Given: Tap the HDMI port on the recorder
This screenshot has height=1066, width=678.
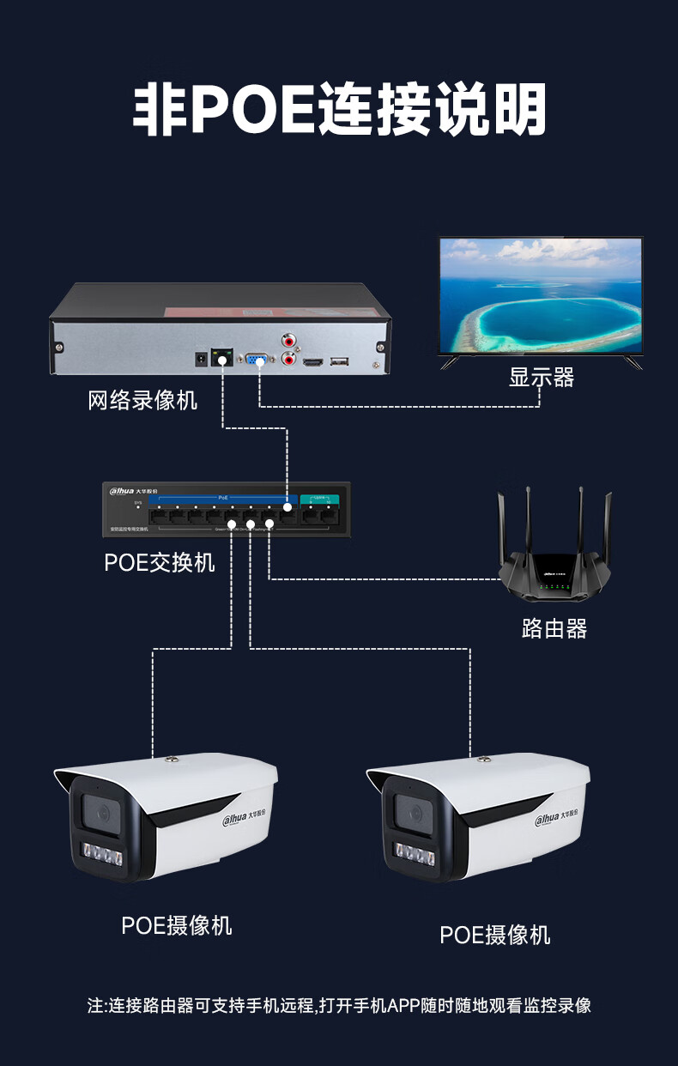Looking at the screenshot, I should point(313,361).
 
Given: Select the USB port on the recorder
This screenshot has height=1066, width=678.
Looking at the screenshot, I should point(340,360).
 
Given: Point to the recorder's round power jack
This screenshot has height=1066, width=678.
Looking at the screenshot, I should point(203,358).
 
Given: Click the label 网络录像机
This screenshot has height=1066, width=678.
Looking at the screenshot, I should point(142,401).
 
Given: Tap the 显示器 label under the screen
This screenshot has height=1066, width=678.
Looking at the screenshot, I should point(541,378).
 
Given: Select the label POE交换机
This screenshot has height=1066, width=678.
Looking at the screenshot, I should point(160,563).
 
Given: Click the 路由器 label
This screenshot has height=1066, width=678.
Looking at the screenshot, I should point(554,629).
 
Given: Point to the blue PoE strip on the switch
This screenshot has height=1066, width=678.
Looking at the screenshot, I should point(221,497).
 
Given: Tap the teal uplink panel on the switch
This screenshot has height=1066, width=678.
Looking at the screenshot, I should point(319,498).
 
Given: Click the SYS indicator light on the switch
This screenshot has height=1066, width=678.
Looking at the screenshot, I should point(137,506).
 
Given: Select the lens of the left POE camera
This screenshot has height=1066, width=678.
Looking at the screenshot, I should point(100,810).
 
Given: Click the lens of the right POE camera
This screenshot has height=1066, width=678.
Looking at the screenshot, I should point(413,810).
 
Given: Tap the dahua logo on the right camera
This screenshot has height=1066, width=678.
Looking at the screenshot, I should point(550,821).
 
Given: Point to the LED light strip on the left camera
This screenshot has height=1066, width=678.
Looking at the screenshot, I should point(102,855).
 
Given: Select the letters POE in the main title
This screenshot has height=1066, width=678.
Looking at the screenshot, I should point(252,111).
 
